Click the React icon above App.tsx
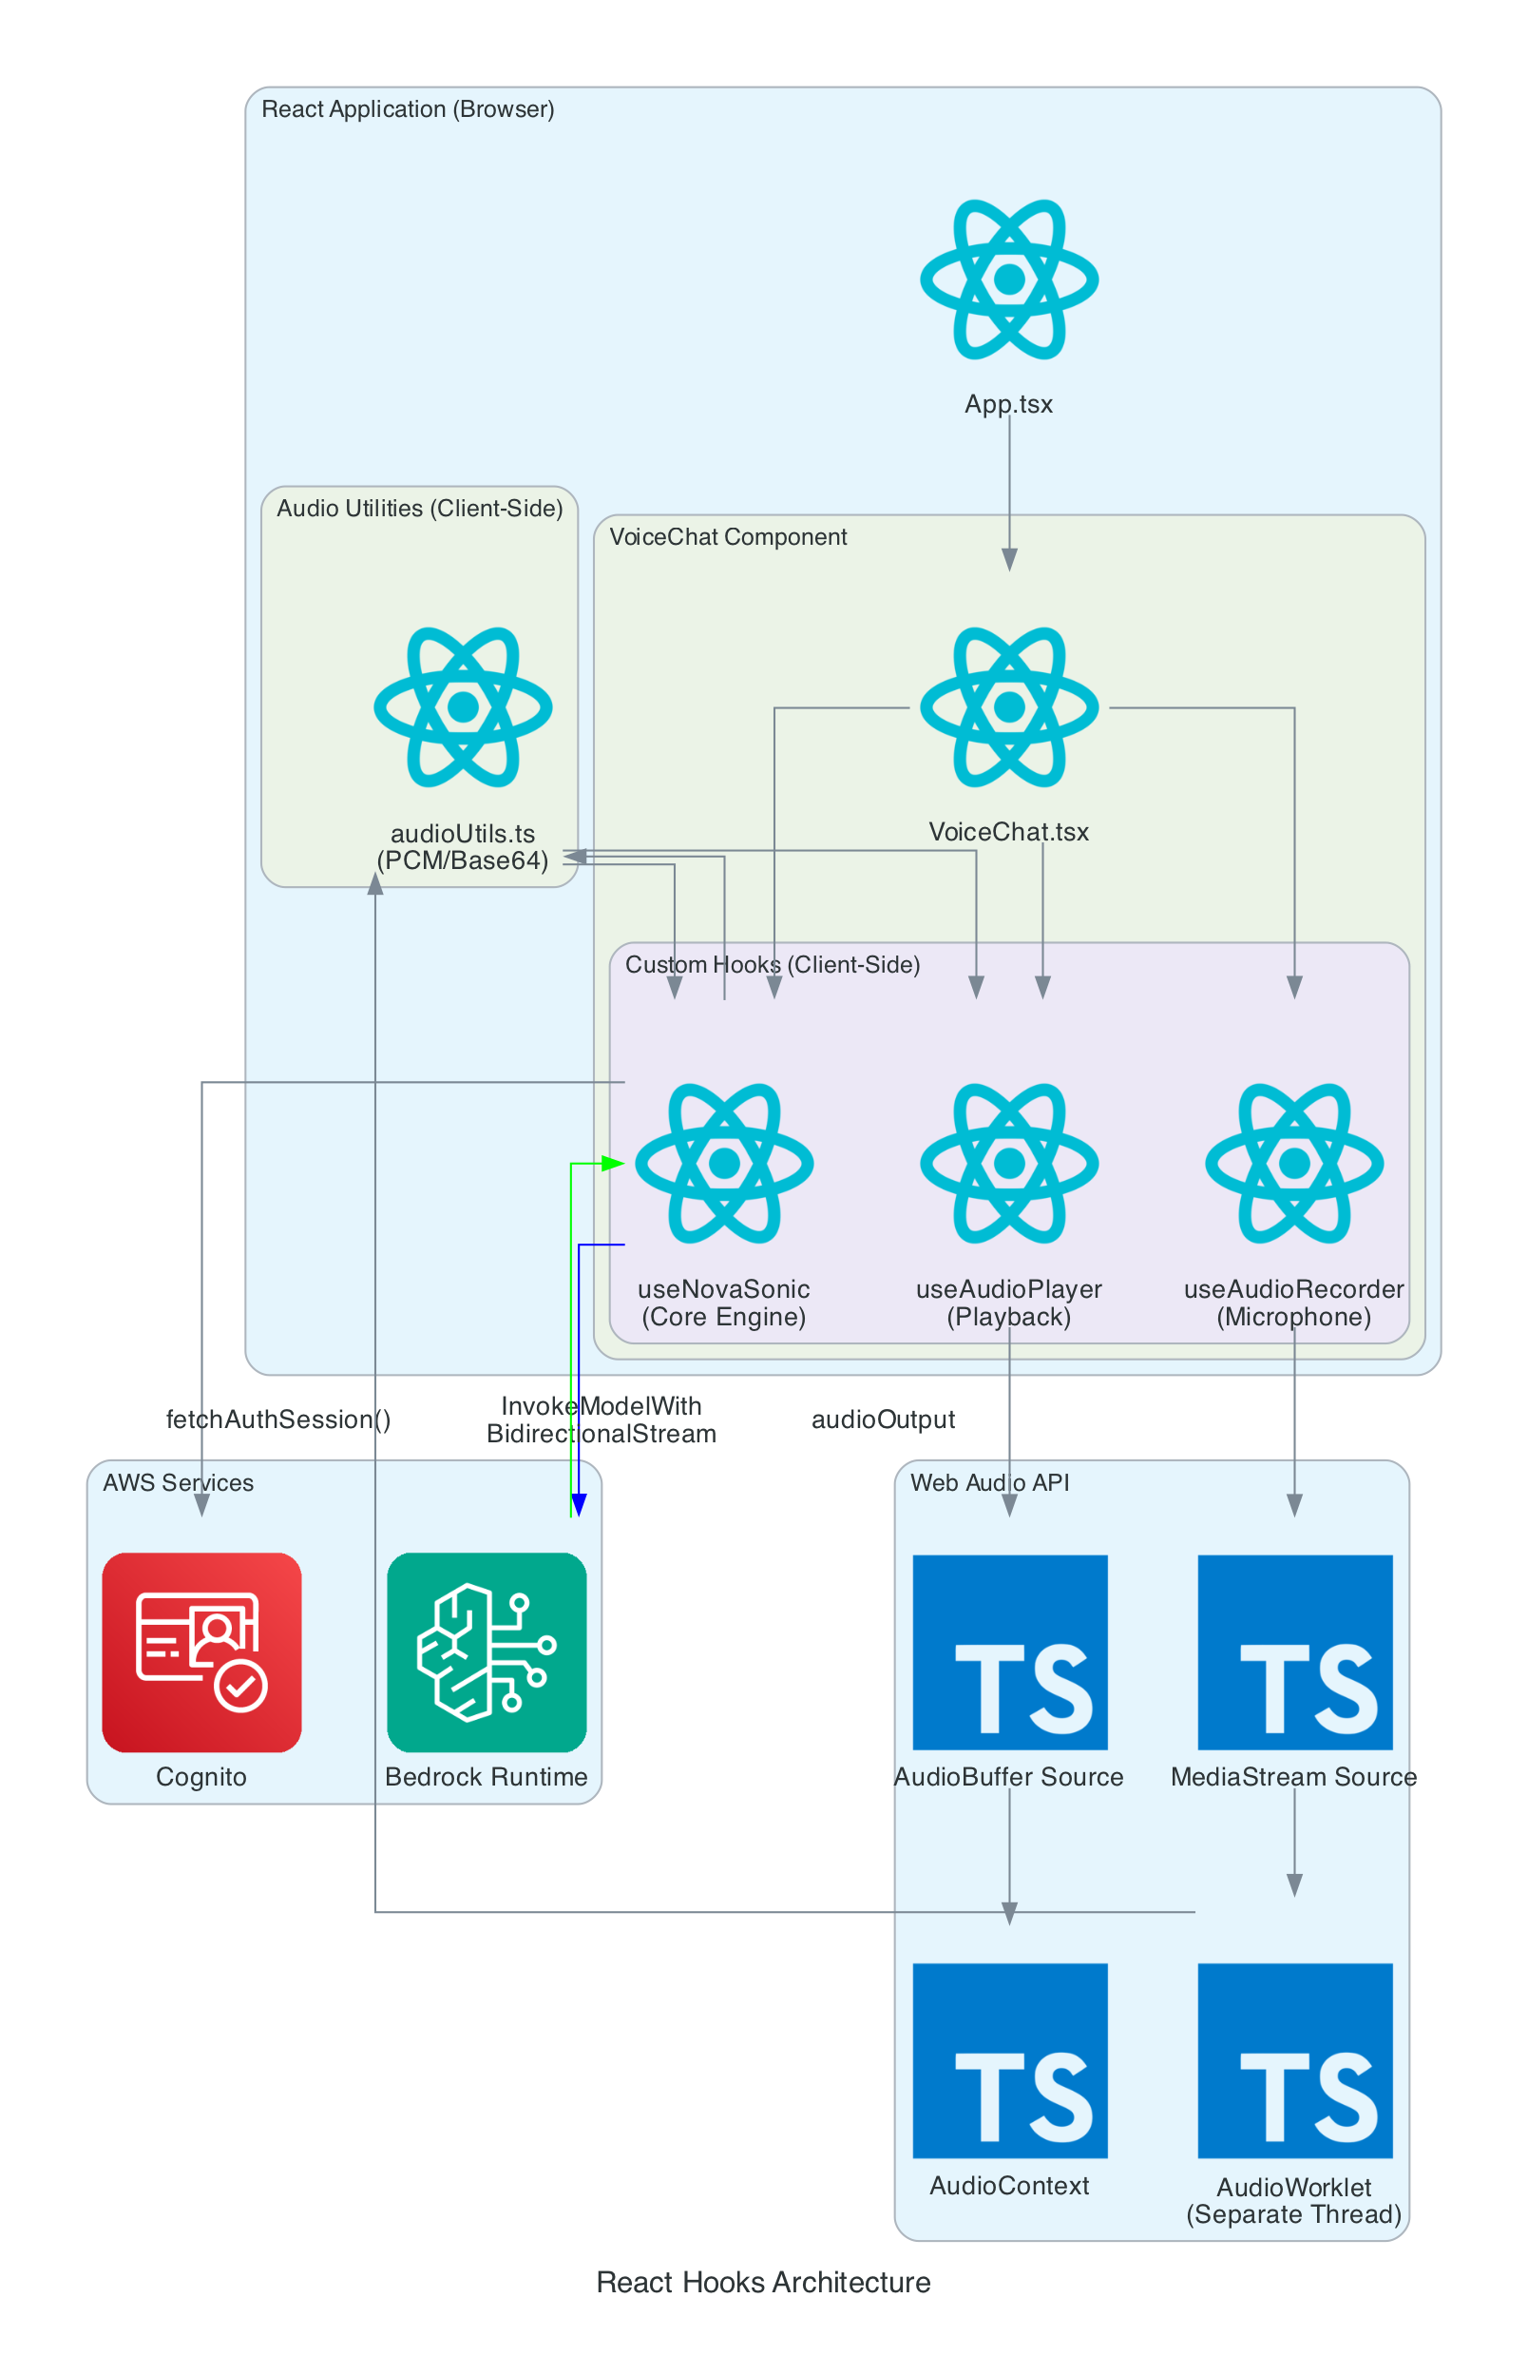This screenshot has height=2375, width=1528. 1008,280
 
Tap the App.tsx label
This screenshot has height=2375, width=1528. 1008,404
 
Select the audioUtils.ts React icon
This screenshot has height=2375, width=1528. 463,706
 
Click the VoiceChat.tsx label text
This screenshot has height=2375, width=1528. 1008,832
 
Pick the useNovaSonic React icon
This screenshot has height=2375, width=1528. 723,1162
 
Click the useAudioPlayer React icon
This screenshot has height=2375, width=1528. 1008,1162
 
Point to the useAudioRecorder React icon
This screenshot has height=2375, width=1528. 1293,1162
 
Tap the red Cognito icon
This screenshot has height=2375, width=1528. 201,1651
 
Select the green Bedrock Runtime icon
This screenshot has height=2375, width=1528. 487,1651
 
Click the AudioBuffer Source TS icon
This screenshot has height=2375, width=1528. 1009,1651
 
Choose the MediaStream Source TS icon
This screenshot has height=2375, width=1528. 1294,1651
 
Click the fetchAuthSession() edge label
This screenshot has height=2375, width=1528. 277,1419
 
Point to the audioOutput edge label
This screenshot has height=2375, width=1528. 883,1419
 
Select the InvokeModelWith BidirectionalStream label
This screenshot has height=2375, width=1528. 601,1419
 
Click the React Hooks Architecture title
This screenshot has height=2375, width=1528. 763,2282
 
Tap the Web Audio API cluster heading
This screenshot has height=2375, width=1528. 989,1482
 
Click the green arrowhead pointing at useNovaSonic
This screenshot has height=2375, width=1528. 614,1162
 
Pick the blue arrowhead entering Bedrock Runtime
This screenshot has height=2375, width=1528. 579,1505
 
